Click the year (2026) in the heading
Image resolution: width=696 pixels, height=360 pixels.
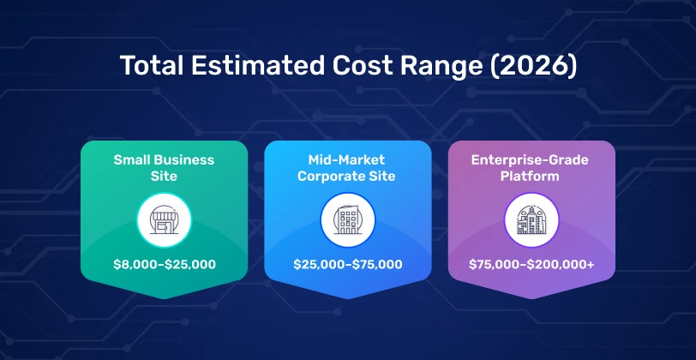[x=529, y=66]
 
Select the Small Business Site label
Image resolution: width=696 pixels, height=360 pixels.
[x=165, y=167]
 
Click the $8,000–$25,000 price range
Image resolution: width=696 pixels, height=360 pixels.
[x=165, y=264]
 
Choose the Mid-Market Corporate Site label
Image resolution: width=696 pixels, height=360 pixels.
[x=348, y=167]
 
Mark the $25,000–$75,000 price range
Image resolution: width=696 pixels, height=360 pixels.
[x=348, y=264]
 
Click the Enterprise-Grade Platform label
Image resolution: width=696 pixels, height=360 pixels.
[x=531, y=167]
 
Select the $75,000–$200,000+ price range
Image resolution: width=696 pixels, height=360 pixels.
[x=531, y=264]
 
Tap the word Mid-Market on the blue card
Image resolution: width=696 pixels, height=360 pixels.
[x=348, y=159]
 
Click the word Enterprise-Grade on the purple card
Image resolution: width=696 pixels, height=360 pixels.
[x=531, y=159]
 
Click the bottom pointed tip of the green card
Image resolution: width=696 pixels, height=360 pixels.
[x=165, y=297]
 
